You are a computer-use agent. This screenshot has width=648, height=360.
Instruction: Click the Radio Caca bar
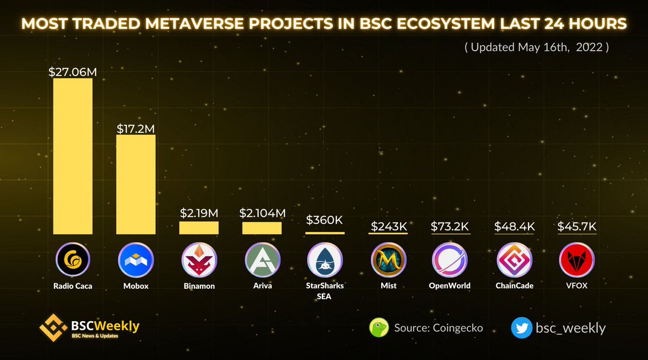tap(73, 156)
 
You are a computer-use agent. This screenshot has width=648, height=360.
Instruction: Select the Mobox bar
tap(136, 184)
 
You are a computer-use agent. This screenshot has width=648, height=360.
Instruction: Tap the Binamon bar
tap(199, 228)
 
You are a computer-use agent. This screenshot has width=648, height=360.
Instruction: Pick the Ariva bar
tap(262, 228)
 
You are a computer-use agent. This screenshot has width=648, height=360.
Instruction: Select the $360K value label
tap(325, 220)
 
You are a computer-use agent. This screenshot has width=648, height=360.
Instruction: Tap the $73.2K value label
tap(451, 226)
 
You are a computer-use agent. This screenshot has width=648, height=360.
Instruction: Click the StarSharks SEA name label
tap(325, 290)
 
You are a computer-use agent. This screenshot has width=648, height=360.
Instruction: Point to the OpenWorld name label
tap(451, 286)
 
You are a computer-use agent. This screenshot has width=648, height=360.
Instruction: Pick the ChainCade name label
tap(515, 286)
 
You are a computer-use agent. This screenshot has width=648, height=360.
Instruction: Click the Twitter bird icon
tap(521, 327)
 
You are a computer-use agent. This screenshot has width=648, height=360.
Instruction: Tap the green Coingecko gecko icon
tap(379, 327)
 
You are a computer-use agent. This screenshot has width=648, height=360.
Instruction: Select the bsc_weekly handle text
tap(570, 328)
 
